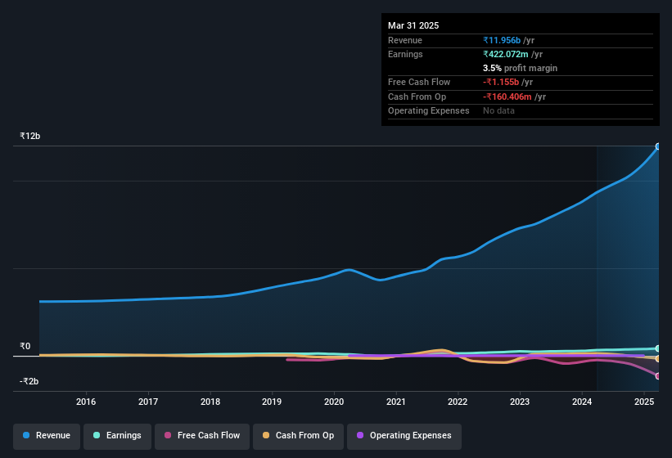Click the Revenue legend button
pos(47,435)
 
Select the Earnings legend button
pos(117,435)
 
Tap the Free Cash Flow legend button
pos(201,435)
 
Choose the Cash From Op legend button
pos(298,435)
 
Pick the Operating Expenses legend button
pos(404,435)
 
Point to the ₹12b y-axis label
pos(30,136)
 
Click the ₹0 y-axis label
pos(25,346)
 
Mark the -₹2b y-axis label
pos(30,381)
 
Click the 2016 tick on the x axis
pos(86,402)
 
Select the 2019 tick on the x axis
pos(272,402)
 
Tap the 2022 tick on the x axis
pos(458,402)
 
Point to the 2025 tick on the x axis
pos(643,402)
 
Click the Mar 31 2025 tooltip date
pos(413,25)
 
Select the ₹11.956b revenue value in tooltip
pos(508,40)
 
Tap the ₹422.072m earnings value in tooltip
pos(513,54)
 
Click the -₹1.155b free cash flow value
pos(507,82)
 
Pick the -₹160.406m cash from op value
pos(514,97)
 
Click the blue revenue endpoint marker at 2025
pos(657,146)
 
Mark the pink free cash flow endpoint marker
pos(657,375)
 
